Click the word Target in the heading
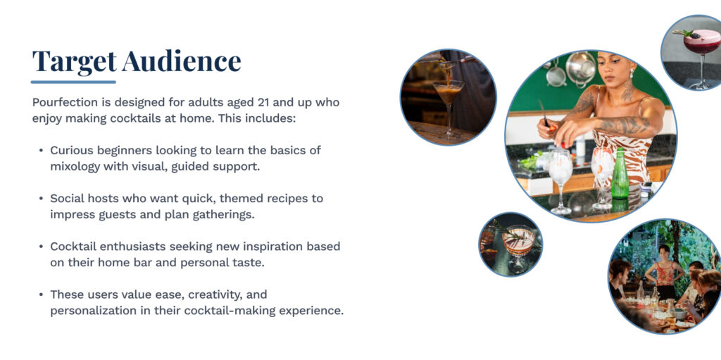[x=74, y=61]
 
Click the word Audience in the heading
[x=182, y=61]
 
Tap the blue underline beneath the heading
[x=73, y=82]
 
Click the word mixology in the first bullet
[x=75, y=166]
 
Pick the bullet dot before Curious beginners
[x=42, y=151]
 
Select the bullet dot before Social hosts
[x=42, y=199]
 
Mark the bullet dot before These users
[x=42, y=294]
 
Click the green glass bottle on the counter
[x=620, y=174]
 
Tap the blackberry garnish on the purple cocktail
[x=694, y=35]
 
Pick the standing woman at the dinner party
[x=663, y=272]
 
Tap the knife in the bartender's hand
[x=544, y=113]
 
